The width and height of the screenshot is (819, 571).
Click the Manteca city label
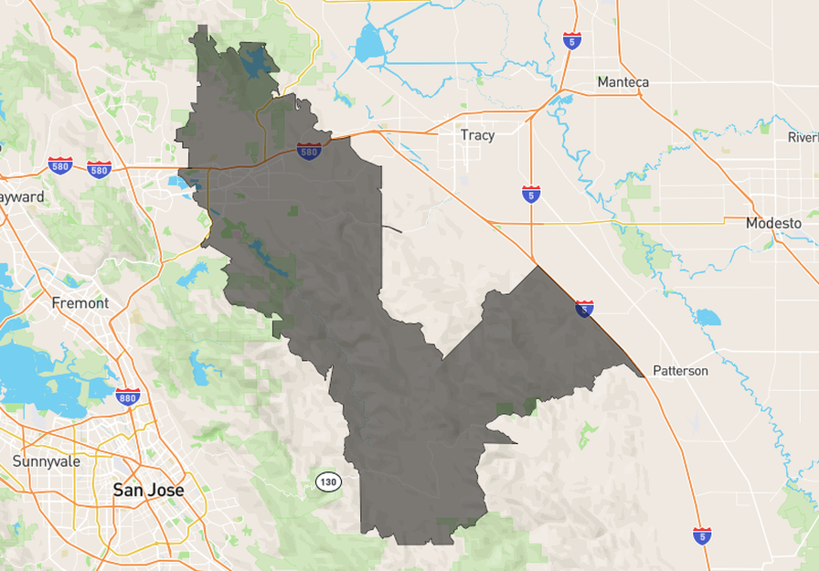pyautogui.click(x=622, y=82)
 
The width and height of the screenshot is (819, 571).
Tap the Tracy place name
pyautogui.click(x=477, y=135)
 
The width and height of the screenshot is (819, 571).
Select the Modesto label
pyautogui.click(x=772, y=223)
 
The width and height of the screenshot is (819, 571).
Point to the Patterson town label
pyautogui.click(x=680, y=371)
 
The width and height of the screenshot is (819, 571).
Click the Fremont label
pyautogui.click(x=80, y=302)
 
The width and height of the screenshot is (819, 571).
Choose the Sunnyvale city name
pyautogui.click(x=47, y=461)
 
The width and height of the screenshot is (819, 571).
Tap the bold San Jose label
pyautogui.click(x=148, y=491)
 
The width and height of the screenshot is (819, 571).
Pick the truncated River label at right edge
pyautogui.click(x=803, y=137)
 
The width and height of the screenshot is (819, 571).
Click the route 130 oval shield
pyautogui.click(x=328, y=481)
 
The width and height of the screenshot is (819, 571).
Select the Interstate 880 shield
pyautogui.click(x=128, y=397)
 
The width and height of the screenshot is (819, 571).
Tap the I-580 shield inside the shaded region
pyautogui.click(x=309, y=150)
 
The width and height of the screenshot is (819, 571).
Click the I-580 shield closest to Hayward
pyautogui.click(x=60, y=165)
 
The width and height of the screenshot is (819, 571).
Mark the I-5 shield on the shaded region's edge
pyautogui.click(x=584, y=309)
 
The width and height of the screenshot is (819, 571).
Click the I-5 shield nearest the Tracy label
pyautogui.click(x=530, y=194)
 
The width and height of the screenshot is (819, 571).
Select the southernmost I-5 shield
pyautogui.click(x=702, y=535)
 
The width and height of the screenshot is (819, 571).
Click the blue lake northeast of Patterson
pyautogui.click(x=707, y=318)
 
